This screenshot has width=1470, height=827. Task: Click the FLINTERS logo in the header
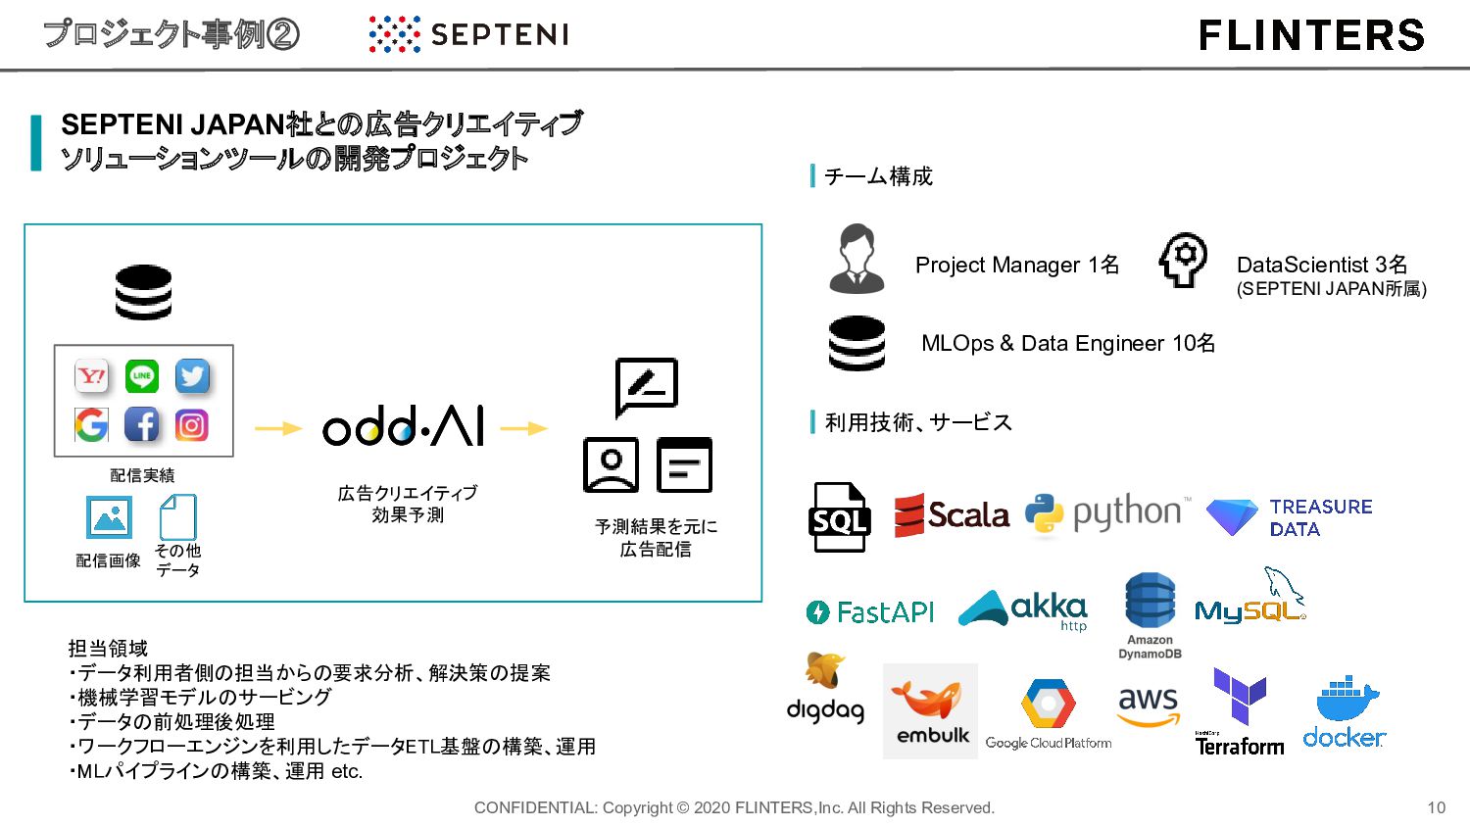point(1311,35)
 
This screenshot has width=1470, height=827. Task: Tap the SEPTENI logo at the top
point(469,34)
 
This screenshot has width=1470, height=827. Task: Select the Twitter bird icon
point(192,376)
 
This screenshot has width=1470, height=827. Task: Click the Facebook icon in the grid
point(142,424)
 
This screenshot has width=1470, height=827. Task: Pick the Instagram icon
point(192,425)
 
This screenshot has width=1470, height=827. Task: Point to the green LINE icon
point(142,376)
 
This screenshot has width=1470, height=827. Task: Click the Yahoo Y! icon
point(91,376)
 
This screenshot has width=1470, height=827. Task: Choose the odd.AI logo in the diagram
point(403,427)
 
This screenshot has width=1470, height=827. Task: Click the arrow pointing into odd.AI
point(278,428)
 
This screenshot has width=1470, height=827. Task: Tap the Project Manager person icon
point(857,260)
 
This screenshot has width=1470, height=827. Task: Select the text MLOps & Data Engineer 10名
point(1068,343)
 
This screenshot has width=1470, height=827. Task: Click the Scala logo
point(952,515)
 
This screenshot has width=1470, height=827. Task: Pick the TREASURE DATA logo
point(1289,517)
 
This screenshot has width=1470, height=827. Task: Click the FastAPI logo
point(870,612)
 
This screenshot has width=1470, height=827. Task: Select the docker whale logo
point(1345,712)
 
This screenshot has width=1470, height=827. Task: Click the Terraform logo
point(1240,712)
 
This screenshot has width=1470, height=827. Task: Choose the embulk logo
point(931,710)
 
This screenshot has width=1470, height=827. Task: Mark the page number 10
point(1436,807)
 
